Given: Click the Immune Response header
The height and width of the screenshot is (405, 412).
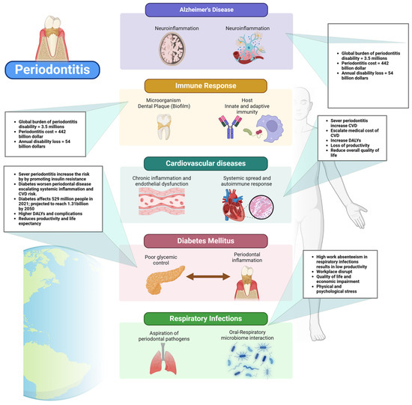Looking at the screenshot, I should click(206, 87).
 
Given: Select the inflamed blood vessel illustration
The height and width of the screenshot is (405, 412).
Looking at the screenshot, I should click(169, 204).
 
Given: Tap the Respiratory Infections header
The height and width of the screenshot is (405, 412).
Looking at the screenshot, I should click(206, 317).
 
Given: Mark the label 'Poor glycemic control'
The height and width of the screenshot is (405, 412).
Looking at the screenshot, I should click(163, 259).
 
